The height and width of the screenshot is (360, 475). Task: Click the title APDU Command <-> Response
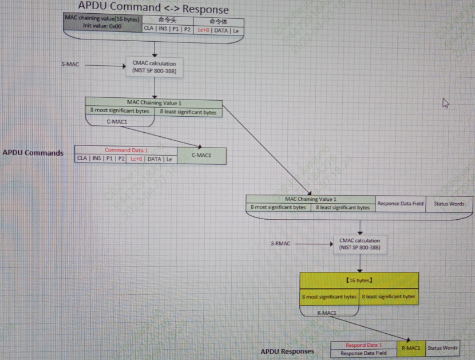[x=153, y=8]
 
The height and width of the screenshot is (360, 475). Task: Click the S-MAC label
[x=70, y=65]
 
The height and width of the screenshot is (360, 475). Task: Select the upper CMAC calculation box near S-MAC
[x=154, y=67]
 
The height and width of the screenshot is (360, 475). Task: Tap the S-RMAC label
[x=280, y=244]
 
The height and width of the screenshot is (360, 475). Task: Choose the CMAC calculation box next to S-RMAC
[x=359, y=244]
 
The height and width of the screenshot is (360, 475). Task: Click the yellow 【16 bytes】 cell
[x=359, y=280]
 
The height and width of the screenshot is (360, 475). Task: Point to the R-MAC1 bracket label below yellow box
[x=327, y=313]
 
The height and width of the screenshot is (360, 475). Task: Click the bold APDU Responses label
[x=287, y=351]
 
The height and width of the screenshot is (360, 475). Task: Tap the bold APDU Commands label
[x=33, y=153]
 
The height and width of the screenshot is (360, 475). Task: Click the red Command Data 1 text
[x=126, y=151]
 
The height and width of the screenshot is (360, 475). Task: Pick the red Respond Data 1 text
[x=363, y=345]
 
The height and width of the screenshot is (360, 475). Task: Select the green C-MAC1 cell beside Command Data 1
[x=201, y=155]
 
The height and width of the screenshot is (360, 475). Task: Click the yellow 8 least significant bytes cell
[x=389, y=296]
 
